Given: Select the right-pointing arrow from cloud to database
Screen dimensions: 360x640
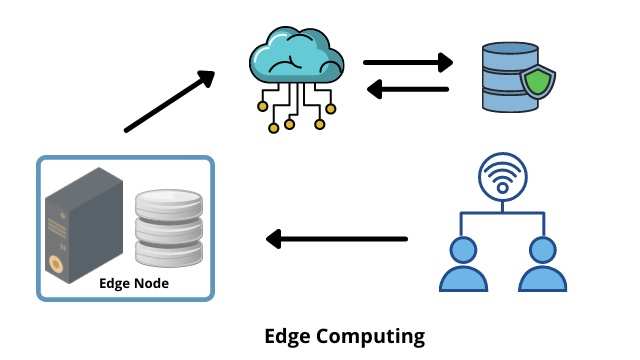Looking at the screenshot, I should click(x=408, y=63).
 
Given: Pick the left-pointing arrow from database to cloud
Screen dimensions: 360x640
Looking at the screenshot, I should click(x=408, y=91).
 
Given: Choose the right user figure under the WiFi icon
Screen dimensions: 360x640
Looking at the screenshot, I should click(x=541, y=264).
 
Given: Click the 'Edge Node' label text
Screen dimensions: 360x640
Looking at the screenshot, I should click(x=134, y=283).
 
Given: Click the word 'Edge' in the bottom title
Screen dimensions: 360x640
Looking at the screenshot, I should click(x=286, y=335).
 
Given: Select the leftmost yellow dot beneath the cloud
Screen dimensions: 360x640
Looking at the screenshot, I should click(x=263, y=105).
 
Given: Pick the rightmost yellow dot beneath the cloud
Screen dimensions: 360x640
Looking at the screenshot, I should click(x=320, y=124).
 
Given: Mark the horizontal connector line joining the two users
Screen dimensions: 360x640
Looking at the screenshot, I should click(x=501, y=213).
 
